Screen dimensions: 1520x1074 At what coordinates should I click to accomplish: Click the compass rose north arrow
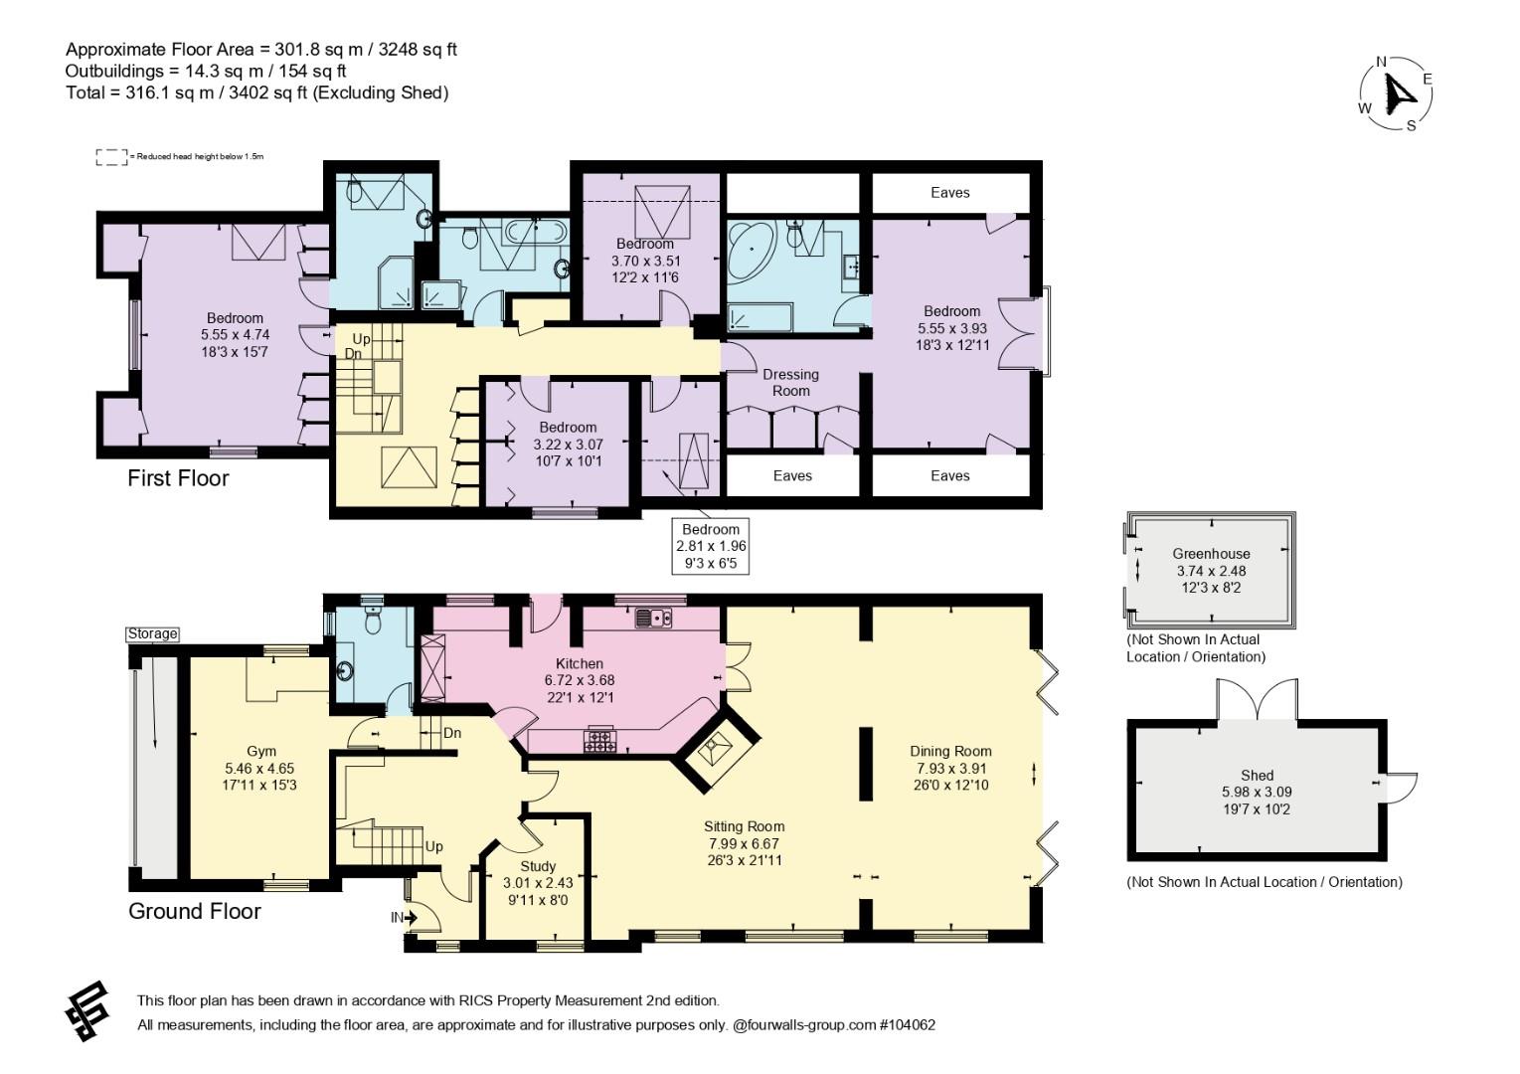[1397, 96]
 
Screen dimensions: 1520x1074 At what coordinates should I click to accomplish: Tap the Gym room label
[261, 752]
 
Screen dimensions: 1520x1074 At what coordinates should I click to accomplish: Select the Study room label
[538, 866]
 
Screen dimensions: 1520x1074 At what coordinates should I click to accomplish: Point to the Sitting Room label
[745, 827]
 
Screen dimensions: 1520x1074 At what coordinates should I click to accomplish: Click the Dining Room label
[950, 752]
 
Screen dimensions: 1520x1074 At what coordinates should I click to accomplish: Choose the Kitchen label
[580, 663]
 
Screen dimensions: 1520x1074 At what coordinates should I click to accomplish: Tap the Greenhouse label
[1211, 554]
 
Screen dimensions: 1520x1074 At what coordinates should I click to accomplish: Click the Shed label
[1258, 775]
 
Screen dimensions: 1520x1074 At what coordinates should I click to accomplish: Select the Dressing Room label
[791, 382]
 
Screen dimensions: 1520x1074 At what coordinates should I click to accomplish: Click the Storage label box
[153, 633]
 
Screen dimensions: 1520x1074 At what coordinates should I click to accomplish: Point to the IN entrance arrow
[410, 918]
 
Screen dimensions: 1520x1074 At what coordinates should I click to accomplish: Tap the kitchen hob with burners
[599, 740]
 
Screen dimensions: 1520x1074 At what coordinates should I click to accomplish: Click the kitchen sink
[653, 618]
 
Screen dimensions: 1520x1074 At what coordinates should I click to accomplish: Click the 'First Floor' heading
[179, 478]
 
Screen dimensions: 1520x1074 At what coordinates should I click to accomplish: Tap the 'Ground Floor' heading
[195, 911]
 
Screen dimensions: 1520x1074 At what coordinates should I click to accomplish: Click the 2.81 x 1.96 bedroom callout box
[711, 547]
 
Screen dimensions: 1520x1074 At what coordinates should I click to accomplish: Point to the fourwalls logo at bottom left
[86, 1011]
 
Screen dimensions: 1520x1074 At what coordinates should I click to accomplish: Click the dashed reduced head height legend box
[111, 157]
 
